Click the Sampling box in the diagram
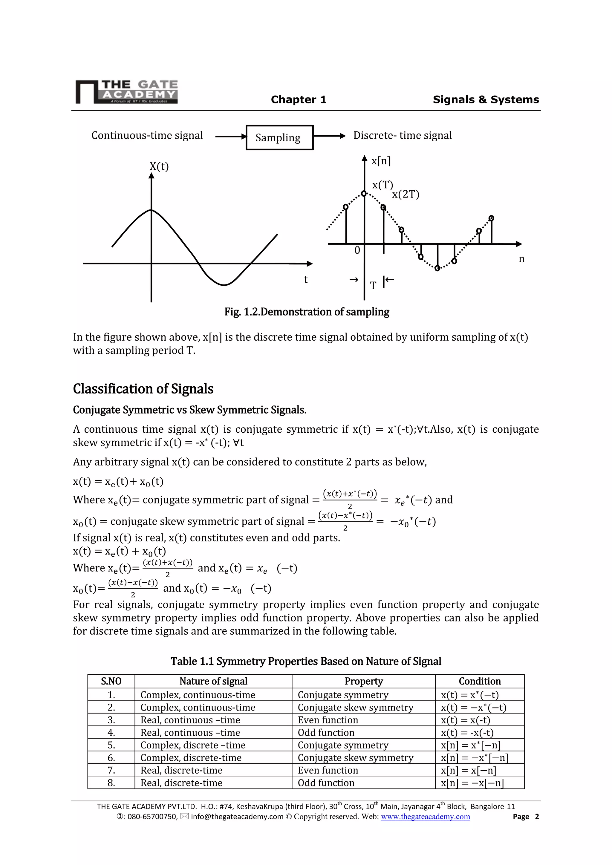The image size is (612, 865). point(279,137)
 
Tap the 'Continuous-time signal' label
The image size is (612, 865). point(147,135)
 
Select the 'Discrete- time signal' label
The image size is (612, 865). point(402,135)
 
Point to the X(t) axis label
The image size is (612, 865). point(159,166)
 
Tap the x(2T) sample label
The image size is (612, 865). point(406,195)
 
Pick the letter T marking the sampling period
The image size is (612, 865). point(373,286)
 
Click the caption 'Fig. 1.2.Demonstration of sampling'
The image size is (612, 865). point(307,312)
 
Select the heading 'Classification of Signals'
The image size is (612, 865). point(143,389)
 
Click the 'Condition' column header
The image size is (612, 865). point(479,681)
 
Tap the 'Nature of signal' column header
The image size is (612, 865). point(213,681)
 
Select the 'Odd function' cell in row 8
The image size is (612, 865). point(326,783)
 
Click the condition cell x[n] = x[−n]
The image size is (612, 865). point(469,771)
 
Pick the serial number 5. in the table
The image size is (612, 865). point(111,745)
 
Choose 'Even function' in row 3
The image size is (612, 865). point(328,720)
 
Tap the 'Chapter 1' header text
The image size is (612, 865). point(299,99)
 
